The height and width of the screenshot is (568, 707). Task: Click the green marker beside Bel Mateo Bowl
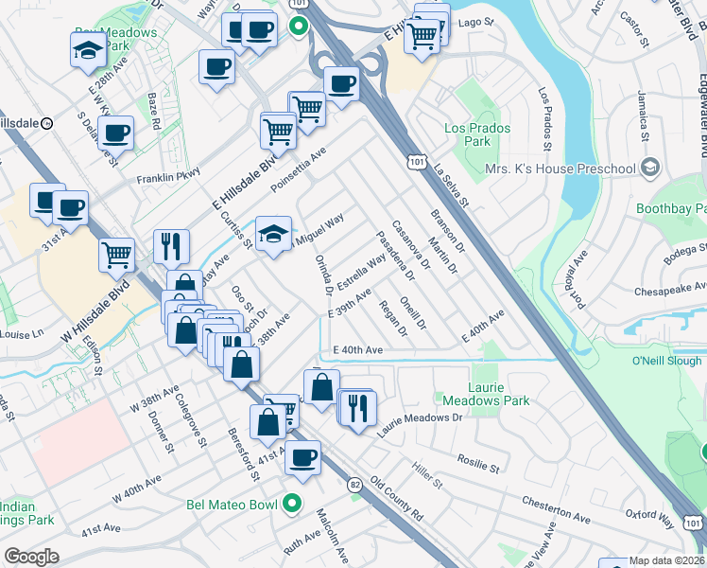[x=294, y=504]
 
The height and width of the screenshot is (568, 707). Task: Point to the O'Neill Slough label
[x=666, y=361]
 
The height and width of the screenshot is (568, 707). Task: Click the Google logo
[x=31, y=557]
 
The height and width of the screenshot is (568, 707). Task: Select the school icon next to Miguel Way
[x=273, y=234]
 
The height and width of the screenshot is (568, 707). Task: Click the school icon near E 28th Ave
[x=87, y=49]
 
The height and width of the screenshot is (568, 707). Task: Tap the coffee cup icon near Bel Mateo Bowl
[x=302, y=458]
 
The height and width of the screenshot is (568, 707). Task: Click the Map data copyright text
[x=667, y=559]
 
